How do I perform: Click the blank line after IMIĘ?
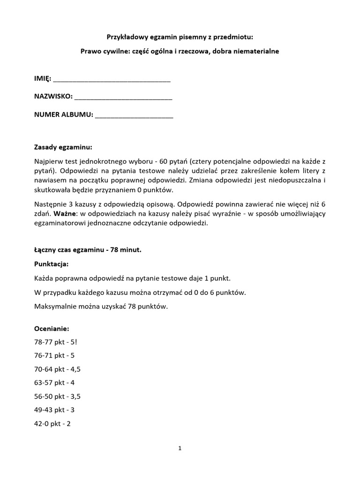click(x=112, y=81)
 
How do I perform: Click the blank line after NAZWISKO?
click(x=123, y=98)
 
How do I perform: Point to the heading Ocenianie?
click(x=52, y=329)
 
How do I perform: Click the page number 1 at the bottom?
click(x=180, y=448)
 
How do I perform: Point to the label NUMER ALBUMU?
click(x=64, y=114)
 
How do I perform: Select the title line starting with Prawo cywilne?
click(x=180, y=51)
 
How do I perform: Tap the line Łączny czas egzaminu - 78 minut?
click(x=88, y=250)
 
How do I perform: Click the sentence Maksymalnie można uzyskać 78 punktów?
click(x=101, y=307)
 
